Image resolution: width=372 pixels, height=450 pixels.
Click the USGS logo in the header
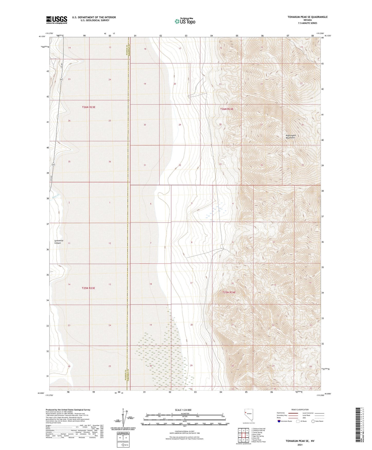(x=56, y=20)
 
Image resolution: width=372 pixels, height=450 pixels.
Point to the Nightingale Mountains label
(x=290, y=137)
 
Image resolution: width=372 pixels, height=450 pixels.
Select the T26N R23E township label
(x=89, y=107)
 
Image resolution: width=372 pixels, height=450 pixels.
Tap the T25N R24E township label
(x=229, y=292)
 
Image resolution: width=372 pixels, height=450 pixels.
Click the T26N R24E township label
(x=227, y=109)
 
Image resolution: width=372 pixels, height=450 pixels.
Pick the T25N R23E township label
(x=89, y=288)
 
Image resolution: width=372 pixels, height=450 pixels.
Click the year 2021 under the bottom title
(x=300, y=445)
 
